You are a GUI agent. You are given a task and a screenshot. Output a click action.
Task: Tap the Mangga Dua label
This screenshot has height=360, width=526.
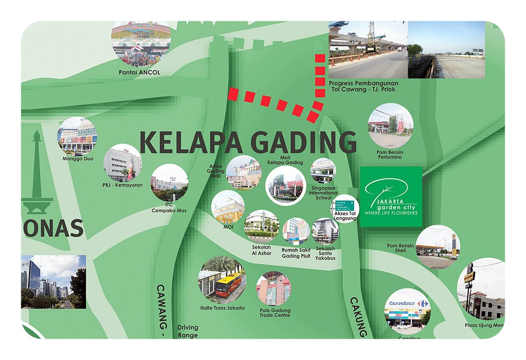(x=77, y=158)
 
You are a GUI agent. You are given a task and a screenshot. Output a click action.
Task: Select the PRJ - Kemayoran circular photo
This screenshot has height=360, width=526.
(x=123, y=163)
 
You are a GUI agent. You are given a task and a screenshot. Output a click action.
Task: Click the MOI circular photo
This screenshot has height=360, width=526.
(x=228, y=207)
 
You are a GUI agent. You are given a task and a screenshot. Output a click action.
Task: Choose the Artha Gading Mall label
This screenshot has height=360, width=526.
(x=216, y=171)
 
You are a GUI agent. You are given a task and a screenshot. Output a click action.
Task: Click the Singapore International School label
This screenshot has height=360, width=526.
(x=323, y=193)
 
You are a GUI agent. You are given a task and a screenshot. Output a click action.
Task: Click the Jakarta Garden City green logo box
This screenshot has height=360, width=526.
(x=391, y=197)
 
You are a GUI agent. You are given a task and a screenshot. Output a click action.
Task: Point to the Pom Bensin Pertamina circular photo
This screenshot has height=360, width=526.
(x=390, y=125)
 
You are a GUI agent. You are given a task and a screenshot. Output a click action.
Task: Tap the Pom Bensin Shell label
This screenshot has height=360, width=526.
(x=400, y=248)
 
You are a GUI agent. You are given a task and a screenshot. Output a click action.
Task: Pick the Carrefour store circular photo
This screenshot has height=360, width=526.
(x=408, y=311)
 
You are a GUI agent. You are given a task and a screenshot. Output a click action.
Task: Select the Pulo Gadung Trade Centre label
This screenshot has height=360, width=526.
(x=275, y=313)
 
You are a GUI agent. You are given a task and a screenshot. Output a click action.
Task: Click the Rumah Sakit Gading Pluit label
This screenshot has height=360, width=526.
(x=296, y=253)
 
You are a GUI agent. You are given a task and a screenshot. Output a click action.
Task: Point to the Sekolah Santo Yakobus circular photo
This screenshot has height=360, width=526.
(x=325, y=231)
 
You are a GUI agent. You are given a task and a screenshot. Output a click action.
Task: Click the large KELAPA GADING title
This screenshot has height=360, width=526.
(x=248, y=142)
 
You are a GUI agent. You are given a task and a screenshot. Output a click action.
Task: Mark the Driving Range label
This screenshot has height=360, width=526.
(x=187, y=331)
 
